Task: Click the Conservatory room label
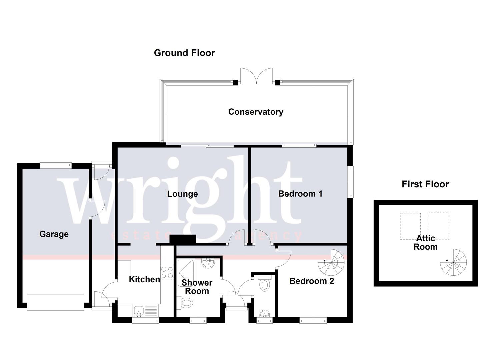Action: click(x=255, y=112)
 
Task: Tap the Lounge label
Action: click(x=182, y=194)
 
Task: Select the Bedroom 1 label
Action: click(x=300, y=194)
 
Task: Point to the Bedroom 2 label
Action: click(x=311, y=281)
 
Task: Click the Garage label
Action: click(x=54, y=234)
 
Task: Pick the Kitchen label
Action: click(x=144, y=279)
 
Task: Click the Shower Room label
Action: click(x=197, y=287)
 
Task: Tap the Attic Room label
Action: click(x=425, y=242)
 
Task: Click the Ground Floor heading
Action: click(x=184, y=53)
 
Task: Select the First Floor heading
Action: click(x=425, y=184)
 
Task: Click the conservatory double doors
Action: click(x=257, y=76)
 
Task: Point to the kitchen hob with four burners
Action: click(x=167, y=273)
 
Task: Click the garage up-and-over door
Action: click(x=55, y=302)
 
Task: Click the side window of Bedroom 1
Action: click(x=350, y=182)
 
